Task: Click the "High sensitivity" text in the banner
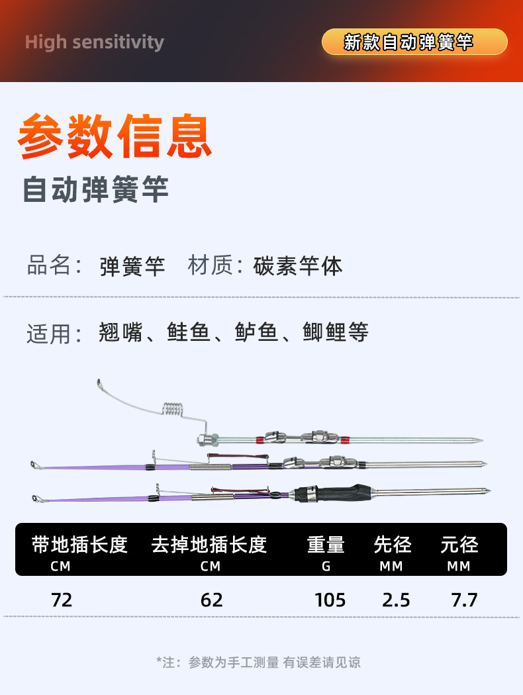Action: coord(94,42)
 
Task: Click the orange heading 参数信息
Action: coord(115,137)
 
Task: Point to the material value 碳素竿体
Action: coord(298,266)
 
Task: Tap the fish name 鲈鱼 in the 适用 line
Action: coord(257,332)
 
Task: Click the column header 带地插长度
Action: coord(79,545)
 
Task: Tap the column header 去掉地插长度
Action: coord(209,545)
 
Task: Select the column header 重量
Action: coord(326,545)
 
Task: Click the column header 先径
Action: coord(393,545)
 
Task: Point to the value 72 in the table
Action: coord(62,600)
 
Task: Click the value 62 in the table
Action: coord(211,600)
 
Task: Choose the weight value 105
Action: coord(330,600)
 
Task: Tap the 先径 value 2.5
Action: coord(396,600)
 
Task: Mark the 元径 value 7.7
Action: coord(463,600)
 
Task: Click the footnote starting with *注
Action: coord(258,662)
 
